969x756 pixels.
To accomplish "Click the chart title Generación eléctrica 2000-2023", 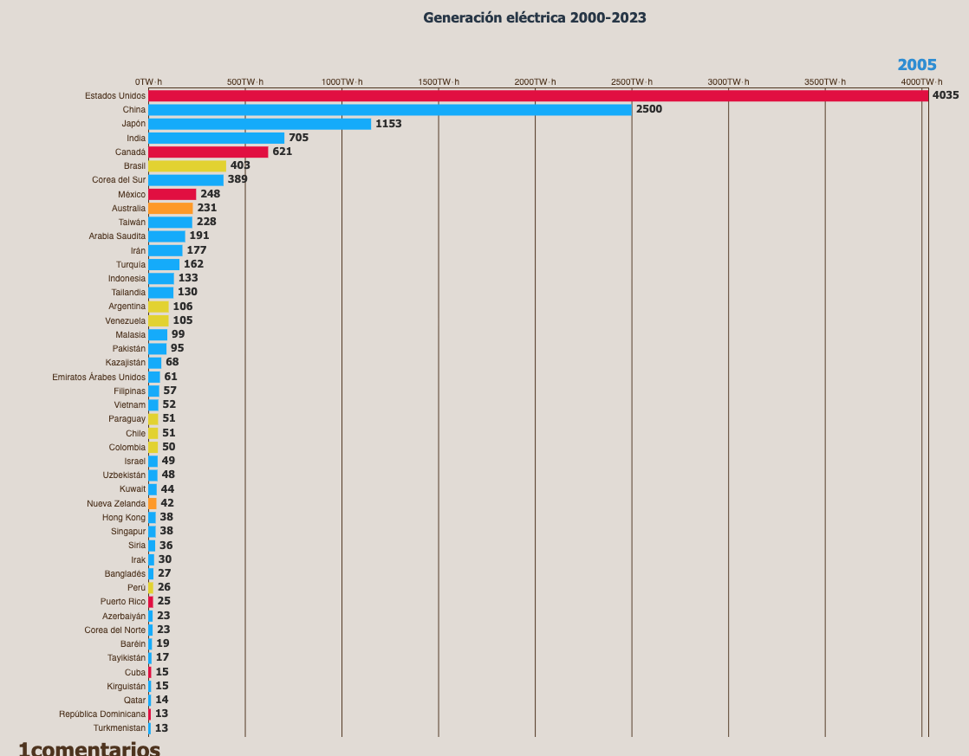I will coord(534,17).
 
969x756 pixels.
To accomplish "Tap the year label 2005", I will coord(916,65).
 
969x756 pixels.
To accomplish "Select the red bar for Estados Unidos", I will coord(537,95).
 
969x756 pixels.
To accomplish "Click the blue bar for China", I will coord(390,110).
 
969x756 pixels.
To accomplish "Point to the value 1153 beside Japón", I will coord(388,124).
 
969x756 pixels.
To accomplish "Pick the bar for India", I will coord(217,138).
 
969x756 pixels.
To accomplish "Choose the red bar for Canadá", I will coord(208,152).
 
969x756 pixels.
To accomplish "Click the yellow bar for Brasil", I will coord(187,165).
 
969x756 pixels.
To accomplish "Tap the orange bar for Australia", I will coord(171,208).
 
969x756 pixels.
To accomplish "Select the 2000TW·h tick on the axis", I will coord(535,81).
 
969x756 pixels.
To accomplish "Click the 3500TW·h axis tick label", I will coord(824,81).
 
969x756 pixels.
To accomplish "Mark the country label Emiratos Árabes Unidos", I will coord(99,377).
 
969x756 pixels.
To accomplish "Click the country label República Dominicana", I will coord(102,714).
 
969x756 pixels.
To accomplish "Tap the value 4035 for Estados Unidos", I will coord(946,95).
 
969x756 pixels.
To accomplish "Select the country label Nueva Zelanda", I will coord(116,503).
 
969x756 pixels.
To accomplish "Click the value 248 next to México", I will coord(211,194).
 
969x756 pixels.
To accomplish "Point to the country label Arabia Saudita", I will coord(117,236).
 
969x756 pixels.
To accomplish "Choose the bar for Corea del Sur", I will coord(185,180).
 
